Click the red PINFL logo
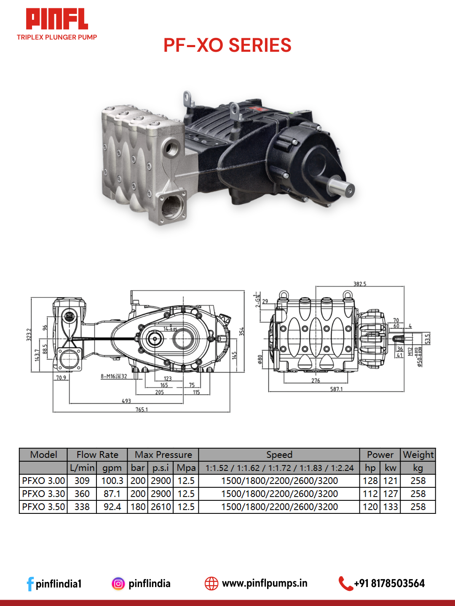point(57,19)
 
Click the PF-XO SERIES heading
point(227,45)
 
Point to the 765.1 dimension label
point(142,410)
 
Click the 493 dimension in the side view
point(126,401)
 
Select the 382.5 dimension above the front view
point(360,284)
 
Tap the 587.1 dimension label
point(336,389)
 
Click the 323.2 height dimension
point(29,335)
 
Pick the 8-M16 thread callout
point(114,376)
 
